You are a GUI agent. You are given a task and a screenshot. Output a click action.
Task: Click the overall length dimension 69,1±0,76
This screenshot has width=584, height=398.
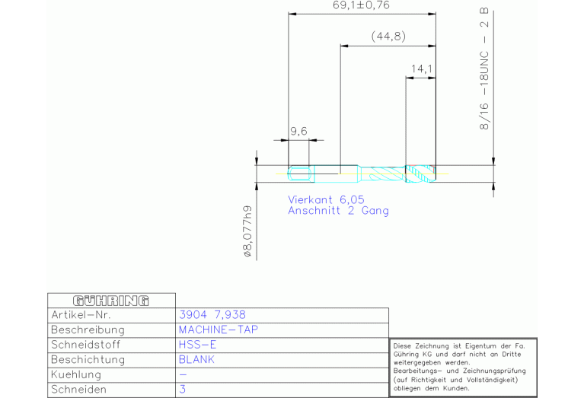tap(361, 5)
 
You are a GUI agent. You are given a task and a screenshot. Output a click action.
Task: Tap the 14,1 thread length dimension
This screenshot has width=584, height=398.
tap(422, 69)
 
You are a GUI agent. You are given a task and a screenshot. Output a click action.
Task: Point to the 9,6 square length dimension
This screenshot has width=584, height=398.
tap(298, 131)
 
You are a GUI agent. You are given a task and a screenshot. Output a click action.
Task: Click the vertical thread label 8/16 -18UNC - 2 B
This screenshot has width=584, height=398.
tap(483, 69)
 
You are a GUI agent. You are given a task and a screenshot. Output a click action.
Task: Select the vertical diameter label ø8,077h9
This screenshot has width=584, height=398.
tap(247, 231)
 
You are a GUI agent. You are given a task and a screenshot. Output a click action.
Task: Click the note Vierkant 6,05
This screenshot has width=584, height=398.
tap(326, 199)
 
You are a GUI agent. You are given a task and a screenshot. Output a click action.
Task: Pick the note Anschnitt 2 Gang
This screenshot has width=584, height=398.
tap(338, 211)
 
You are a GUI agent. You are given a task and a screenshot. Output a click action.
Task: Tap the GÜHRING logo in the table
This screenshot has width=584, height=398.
tap(111, 301)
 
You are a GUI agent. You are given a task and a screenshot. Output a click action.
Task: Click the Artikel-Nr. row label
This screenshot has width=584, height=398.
tap(81, 315)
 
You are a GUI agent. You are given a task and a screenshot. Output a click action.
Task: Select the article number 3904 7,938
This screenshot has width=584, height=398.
tap(212, 315)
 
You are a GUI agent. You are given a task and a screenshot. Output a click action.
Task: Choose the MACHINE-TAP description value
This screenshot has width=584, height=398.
tap(219, 330)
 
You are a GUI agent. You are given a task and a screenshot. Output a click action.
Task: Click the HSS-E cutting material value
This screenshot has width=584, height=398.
tap(197, 345)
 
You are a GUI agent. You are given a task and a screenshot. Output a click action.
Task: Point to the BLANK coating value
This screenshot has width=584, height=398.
tap(196, 360)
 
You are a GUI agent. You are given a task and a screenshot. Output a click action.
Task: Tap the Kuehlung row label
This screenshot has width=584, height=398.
tap(76, 374)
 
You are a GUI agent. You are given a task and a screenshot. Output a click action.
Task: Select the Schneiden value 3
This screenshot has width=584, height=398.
tap(182, 390)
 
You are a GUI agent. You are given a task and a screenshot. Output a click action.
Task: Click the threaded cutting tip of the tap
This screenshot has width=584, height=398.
tap(420, 174)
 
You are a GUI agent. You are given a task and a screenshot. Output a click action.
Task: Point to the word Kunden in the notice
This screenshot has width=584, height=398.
tap(456, 388)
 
